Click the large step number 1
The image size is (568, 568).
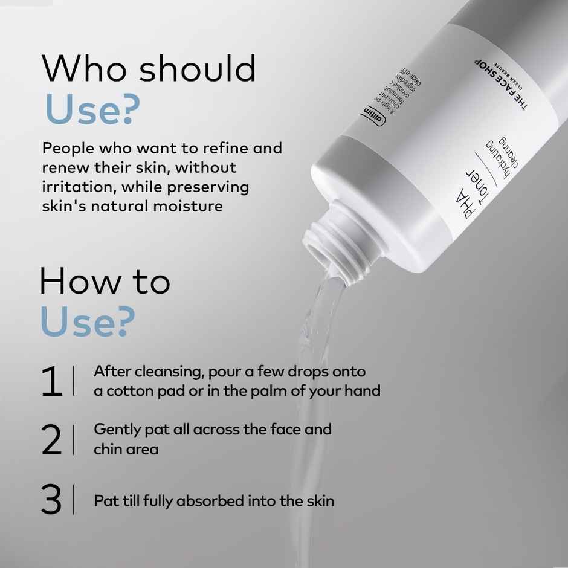[52, 382]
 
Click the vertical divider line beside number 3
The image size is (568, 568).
[74, 500]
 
